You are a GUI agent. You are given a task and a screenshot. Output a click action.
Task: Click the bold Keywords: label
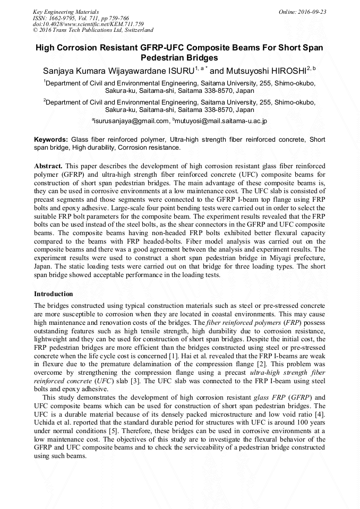point(50,139)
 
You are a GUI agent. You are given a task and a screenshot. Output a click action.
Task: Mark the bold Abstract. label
point(48,166)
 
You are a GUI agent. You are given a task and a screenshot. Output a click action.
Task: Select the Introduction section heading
point(54,294)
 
